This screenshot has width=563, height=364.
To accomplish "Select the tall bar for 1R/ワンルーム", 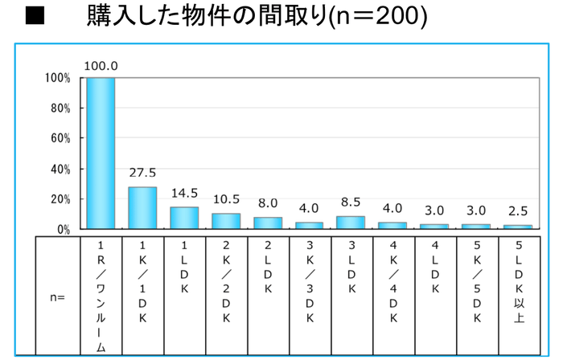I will point(101,153).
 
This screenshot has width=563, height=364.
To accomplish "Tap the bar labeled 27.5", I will point(142,208).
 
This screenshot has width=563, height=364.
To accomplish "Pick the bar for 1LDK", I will point(183,218).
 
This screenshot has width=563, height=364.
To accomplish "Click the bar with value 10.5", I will point(225,221).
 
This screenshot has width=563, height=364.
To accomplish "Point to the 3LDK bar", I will point(350,223).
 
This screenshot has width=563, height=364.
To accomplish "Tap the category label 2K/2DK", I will point(225,285).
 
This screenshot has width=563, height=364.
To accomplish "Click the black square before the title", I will point(34,17).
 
